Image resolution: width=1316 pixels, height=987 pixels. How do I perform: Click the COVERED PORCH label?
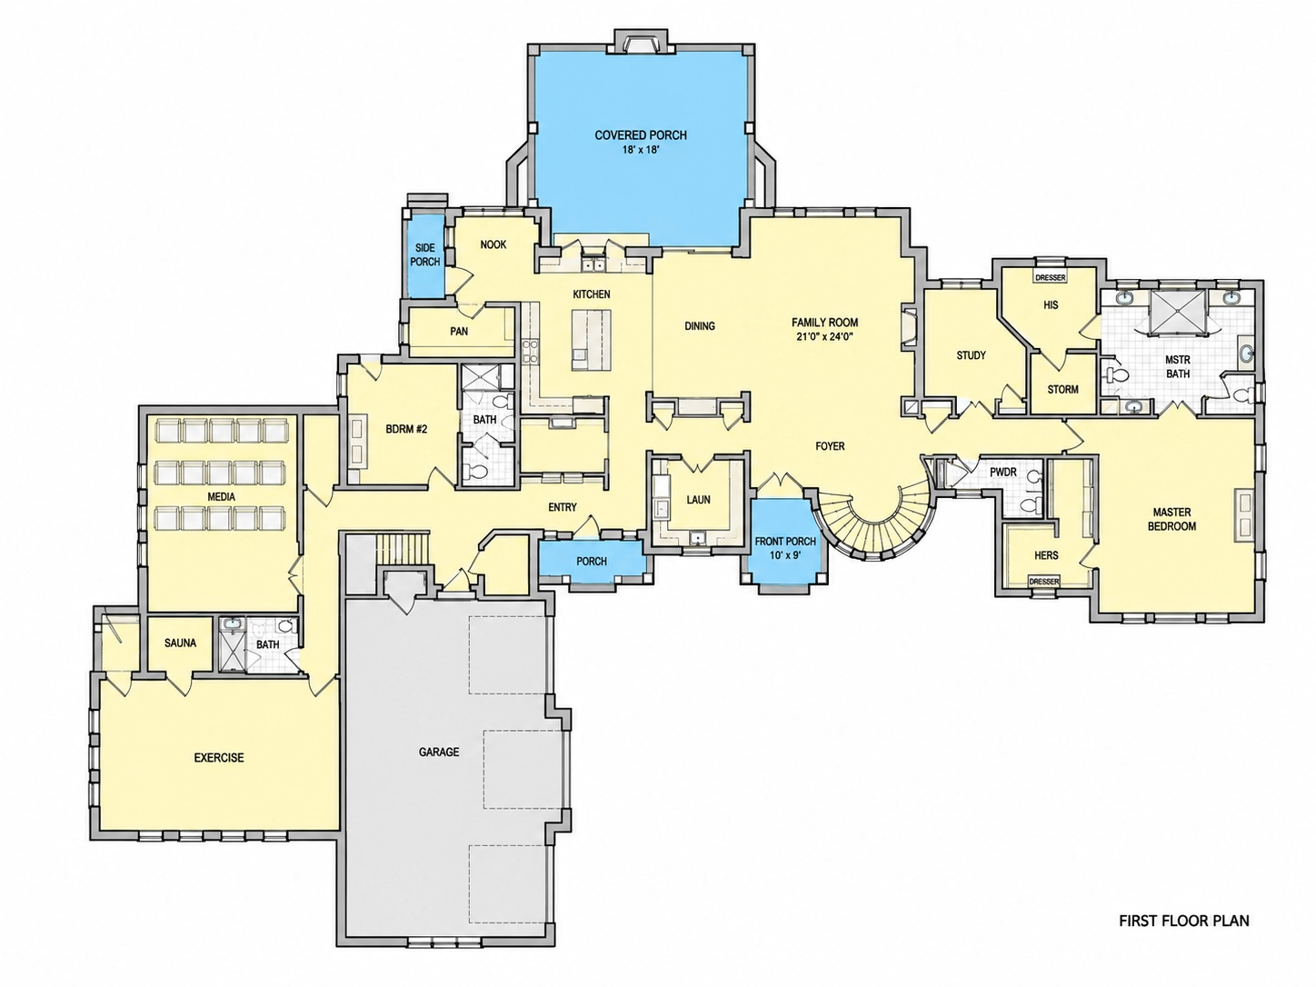point(641,135)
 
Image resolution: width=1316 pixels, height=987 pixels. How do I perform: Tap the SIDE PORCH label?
point(425,254)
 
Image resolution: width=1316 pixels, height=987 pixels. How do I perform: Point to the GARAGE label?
point(439,752)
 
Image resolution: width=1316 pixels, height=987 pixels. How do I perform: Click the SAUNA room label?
point(180,643)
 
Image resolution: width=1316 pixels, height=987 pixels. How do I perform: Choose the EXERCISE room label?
point(219,757)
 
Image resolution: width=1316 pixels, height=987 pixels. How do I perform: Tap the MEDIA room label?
point(221,497)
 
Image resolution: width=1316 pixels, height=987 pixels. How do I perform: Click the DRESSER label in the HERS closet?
point(1044,582)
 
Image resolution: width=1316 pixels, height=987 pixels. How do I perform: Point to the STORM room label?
point(1063,390)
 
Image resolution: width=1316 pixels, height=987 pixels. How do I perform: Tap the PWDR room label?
point(1003,473)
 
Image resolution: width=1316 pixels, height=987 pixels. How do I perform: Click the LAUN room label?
point(698,499)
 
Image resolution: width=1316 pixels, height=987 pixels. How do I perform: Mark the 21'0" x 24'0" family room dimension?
point(824,337)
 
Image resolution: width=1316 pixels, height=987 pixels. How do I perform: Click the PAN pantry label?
point(459,331)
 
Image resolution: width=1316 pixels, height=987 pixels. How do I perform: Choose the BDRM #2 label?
point(406,429)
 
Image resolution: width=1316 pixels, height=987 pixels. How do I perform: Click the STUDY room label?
point(971,355)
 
